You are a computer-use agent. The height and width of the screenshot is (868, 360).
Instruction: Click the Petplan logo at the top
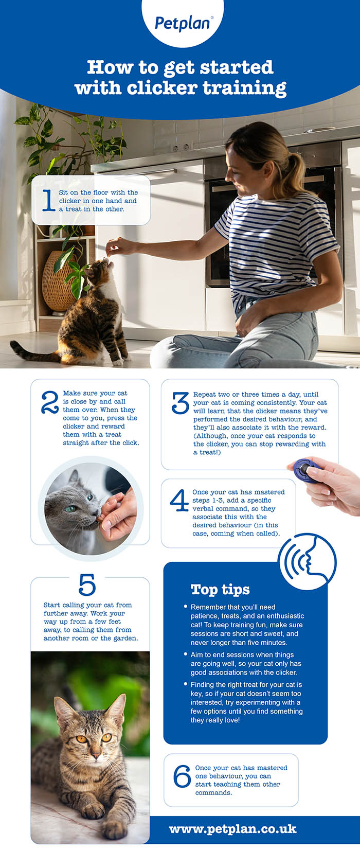(x=183, y=23)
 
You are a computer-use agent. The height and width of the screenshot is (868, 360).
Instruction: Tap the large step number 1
(x=48, y=200)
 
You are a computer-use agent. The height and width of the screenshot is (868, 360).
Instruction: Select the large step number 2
(x=50, y=402)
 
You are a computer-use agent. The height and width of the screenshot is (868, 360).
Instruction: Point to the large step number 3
(x=180, y=403)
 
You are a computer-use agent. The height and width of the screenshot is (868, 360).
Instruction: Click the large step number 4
(x=179, y=500)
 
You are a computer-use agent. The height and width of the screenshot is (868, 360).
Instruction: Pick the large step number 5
(x=87, y=584)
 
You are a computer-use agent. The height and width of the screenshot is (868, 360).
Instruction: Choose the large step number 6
(x=182, y=776)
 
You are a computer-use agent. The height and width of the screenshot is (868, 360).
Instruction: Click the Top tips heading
(x=220, y=590)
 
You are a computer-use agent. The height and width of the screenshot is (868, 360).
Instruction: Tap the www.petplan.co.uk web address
(x=232, y=829)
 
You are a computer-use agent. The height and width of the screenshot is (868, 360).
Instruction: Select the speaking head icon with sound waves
(x=308, y=562)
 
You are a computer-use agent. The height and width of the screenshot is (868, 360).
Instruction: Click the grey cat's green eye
(x=70, y=508)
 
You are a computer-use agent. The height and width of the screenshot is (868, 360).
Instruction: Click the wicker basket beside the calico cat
(x=58, y=281)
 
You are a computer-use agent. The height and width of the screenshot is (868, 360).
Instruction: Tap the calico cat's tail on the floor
(x=33, y=352)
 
